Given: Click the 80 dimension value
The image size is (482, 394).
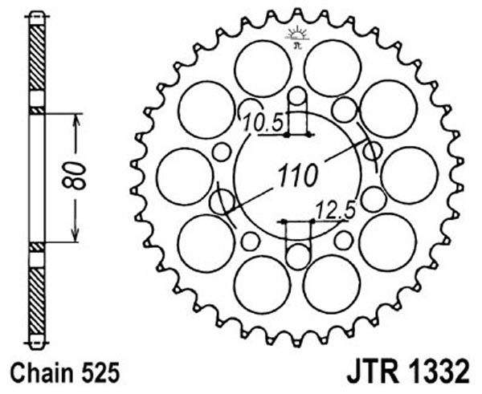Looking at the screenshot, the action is coord(74,176).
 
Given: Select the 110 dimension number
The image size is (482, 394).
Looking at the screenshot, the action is coord(297,176).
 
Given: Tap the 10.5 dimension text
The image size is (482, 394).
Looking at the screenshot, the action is coord(262,123).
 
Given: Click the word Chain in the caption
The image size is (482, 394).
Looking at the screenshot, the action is coord(41,373).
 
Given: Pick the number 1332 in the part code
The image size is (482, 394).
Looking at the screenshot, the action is coord(440,372).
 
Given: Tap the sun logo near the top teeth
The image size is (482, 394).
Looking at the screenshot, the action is coord(297,37).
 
